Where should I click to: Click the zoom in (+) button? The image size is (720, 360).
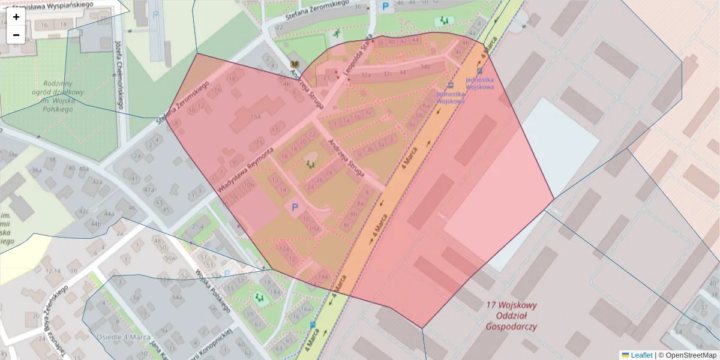click(x=16, y=17)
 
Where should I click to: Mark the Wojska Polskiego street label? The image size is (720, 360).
click(x=213, y=291)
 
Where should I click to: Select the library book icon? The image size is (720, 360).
click(x=295, y=64)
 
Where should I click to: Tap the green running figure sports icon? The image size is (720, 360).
click(x=337, y=34)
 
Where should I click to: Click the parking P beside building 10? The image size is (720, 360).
click(x=295, y=208)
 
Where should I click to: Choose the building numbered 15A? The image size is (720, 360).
click(x=256, y=116)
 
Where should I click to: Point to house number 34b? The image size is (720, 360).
click(x=425, y=67)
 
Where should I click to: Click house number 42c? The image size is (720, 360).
click(x=84, y=211)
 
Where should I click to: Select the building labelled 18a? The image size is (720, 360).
click(x=275, y=292)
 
